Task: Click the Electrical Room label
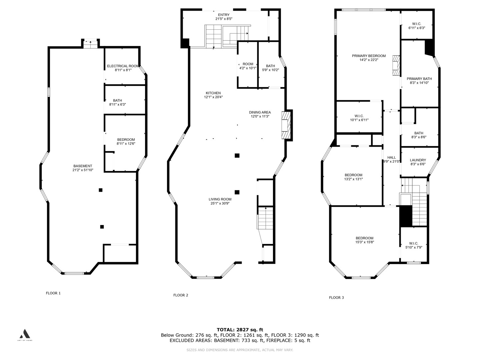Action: (123, 66)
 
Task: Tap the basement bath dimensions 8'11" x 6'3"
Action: (117, 104)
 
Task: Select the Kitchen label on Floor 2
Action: (213, 93)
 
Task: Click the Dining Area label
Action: (260, 112)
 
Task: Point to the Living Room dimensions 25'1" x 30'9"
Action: (220, 203)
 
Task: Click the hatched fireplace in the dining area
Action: (286, 125)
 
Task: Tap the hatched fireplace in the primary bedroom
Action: (396, 66)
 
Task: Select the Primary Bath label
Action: (419, 79)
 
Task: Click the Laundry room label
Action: (418, 160)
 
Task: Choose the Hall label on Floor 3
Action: (391, 157)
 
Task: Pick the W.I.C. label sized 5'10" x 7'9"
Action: (414, 243)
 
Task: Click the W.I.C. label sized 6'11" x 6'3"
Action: (417, 24)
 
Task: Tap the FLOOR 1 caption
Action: (53, 293)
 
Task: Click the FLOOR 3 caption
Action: (336, 297)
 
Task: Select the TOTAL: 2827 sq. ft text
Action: (240, 330)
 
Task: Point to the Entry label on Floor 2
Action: (224, 15)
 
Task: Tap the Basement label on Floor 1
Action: (83, 166)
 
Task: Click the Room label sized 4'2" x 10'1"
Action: (248, 64)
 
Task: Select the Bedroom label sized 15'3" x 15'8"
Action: (365, 238)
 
